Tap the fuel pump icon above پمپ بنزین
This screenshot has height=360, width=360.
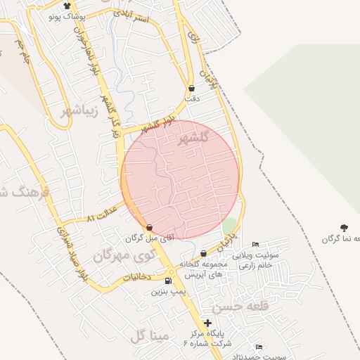(x=167, y=281)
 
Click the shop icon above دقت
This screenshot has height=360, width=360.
(x=192, y=89)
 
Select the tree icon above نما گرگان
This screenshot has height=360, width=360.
(x=344, y=227)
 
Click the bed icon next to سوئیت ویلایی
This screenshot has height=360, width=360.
(x=255, y=244)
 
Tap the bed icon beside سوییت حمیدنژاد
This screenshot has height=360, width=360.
(x=259, y=347)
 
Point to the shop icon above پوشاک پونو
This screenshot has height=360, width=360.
(x=67, y=6)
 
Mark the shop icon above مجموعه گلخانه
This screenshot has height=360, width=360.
(x=203, y=253)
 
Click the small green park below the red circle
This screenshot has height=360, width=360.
(x=230, y=226)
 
